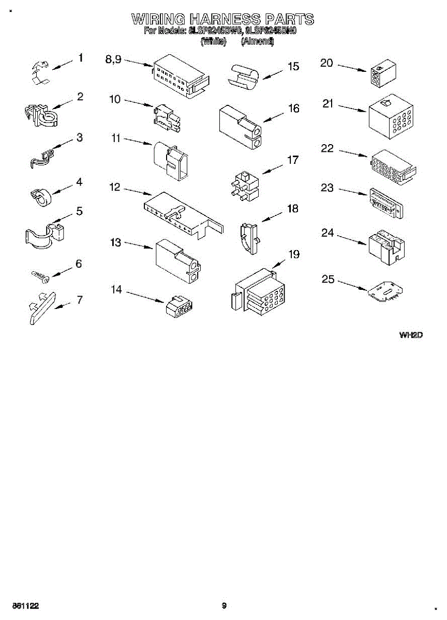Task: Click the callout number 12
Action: point(114,188)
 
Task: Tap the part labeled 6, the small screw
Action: point(40,276)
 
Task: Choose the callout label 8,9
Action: point(113,60)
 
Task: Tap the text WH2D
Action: point(411,335)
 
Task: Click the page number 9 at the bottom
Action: point(224,605)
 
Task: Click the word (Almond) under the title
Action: point(257,42)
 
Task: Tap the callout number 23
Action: point(327,188)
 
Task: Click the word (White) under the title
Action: point(214,42)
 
